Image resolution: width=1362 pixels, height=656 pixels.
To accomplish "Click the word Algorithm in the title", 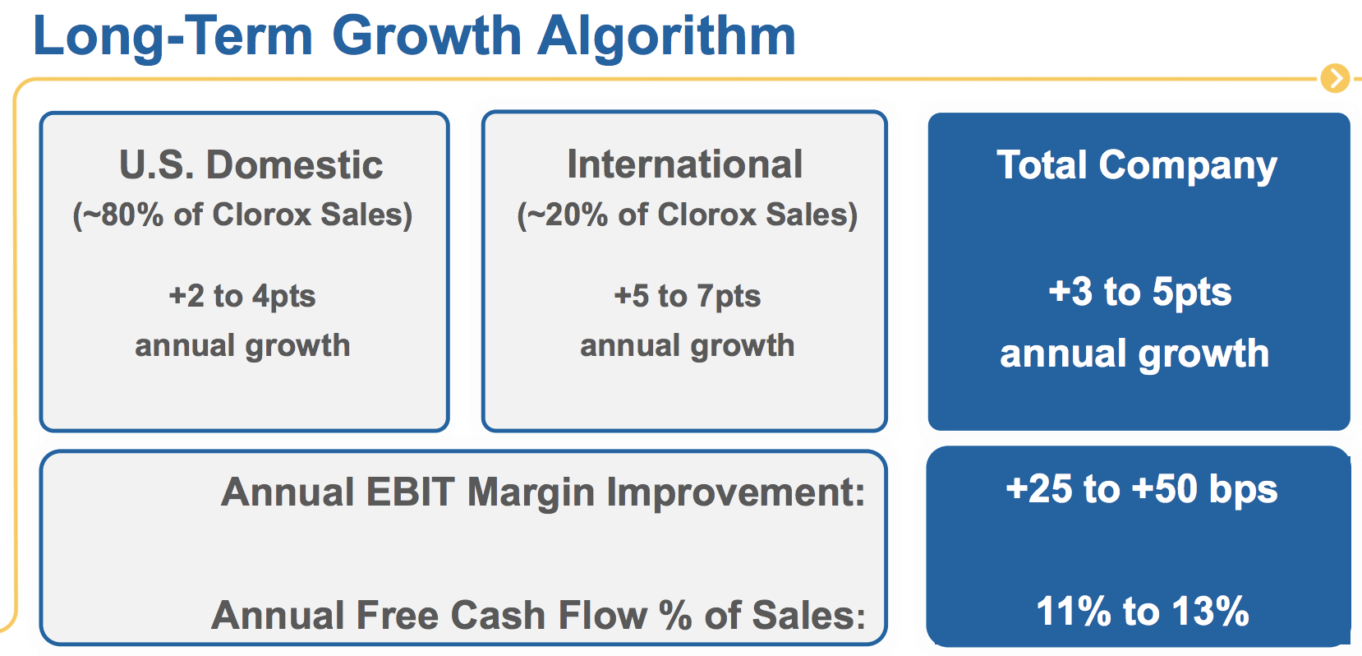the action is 666,36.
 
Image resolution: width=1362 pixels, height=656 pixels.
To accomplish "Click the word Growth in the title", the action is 426,35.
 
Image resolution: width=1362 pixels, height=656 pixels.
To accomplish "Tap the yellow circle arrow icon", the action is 1335,78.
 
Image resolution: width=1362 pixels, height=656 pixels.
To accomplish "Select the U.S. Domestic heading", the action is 251,165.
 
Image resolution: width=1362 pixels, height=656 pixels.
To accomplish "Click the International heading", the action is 684,164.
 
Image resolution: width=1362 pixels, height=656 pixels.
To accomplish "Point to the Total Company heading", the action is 1136,166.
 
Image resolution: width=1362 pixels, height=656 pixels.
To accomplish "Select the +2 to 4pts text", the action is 242,297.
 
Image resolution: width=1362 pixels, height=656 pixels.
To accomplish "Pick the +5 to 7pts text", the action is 687,297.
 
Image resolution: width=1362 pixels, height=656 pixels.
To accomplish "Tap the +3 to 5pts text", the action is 1140,292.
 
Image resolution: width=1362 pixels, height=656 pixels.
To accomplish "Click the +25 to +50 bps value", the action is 1141,490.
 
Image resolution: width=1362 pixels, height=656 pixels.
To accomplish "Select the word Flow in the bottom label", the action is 603,615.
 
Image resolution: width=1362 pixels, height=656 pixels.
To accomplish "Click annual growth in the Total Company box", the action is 1134,355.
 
